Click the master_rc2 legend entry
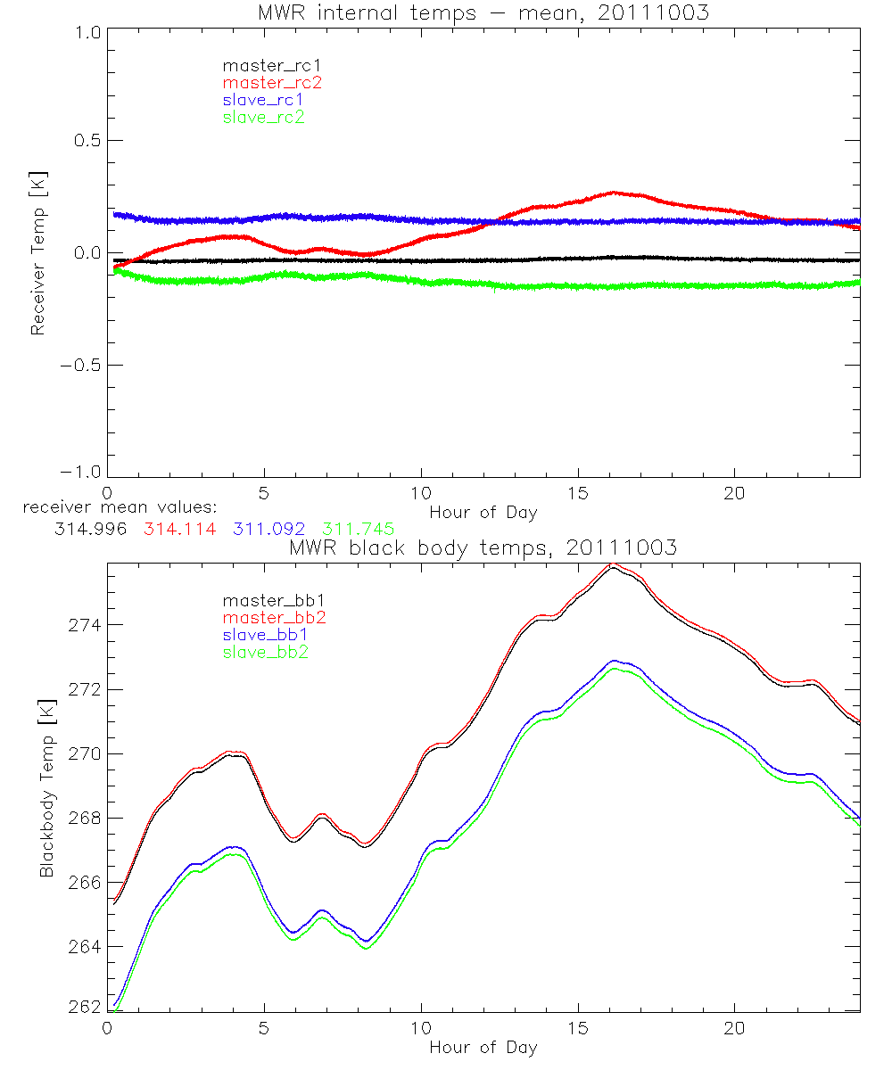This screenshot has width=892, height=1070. pos(272,83)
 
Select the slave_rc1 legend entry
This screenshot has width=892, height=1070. pos(263,100)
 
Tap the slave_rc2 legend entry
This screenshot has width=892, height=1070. pos(263,117)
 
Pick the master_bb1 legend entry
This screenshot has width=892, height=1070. pos(268,600)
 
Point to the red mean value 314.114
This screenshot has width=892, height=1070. pos(176,530)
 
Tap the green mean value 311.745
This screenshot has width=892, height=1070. pos(358,530)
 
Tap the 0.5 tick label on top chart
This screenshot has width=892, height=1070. pos(86,141)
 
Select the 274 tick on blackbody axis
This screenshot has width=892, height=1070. pos(83,625)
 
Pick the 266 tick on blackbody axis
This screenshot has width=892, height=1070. pos(83,882)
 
